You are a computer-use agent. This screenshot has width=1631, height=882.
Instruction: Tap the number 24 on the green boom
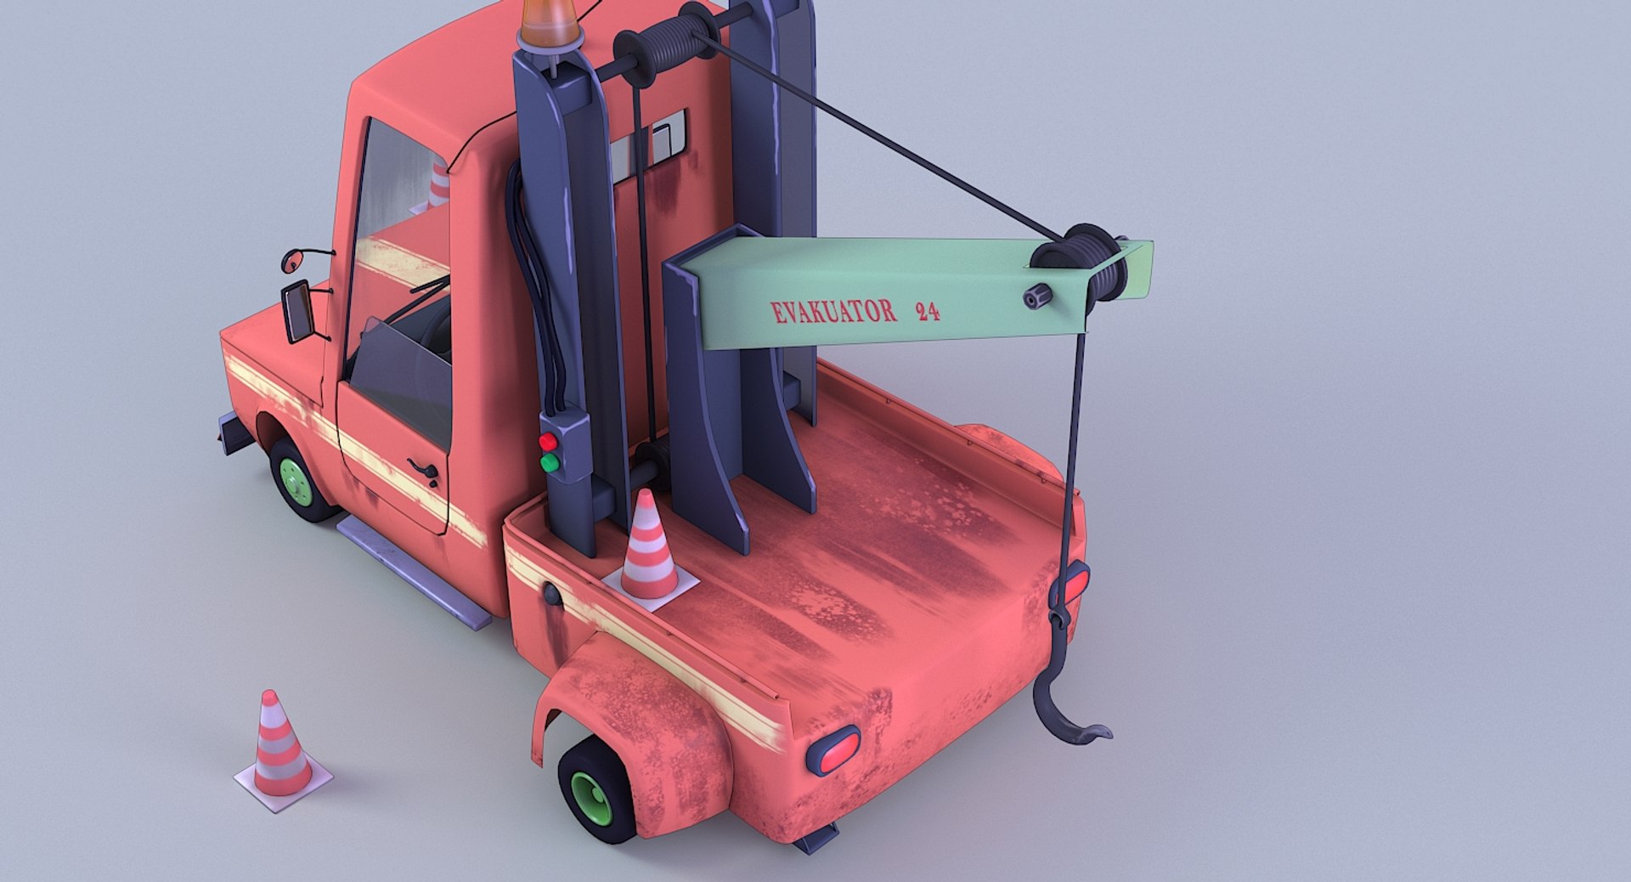928,312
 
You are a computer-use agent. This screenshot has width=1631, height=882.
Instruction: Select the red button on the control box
548,442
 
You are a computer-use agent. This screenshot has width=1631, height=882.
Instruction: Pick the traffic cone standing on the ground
280,748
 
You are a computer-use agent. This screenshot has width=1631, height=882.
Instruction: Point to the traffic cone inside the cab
438,183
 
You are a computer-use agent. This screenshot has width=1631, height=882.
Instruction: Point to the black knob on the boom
1037,297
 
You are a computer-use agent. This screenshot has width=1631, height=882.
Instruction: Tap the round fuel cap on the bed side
552,594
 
